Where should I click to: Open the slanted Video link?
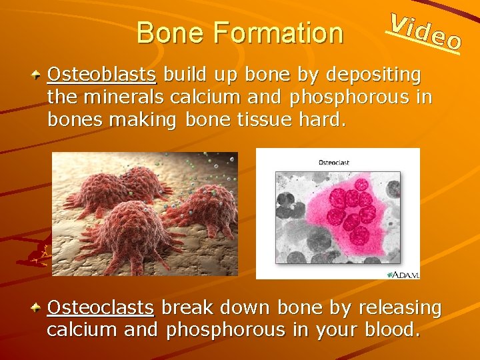point(425,31)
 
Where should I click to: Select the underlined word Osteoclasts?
point(101,308)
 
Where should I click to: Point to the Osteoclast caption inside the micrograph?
point(334,162)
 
